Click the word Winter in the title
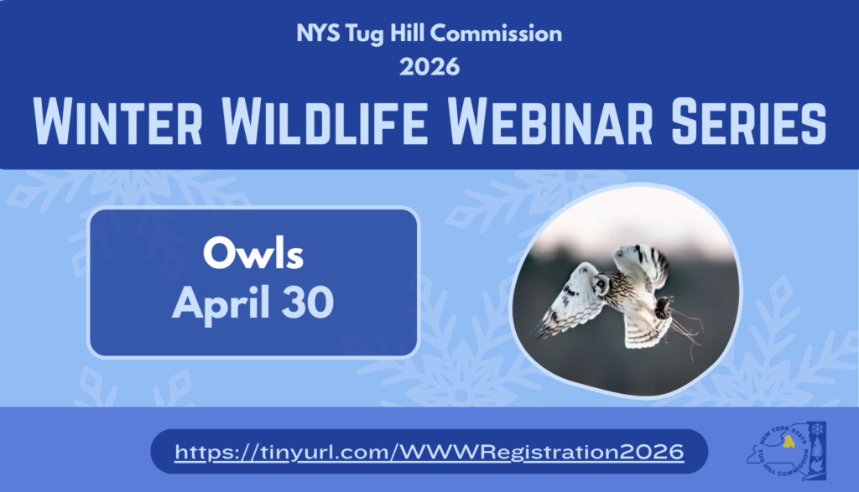tap(117, 122)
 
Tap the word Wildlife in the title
tap(325, 122)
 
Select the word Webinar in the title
tap(549, 122)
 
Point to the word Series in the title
tap(748, 122)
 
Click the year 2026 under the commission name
tap(429, 67)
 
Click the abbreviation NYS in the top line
tap(318, 34)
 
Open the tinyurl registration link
tap(429, 452)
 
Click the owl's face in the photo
tap(601, 283)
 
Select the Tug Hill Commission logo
tap(787, 451)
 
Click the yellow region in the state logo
tap(789, 442)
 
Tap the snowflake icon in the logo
tap(818, 429)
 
